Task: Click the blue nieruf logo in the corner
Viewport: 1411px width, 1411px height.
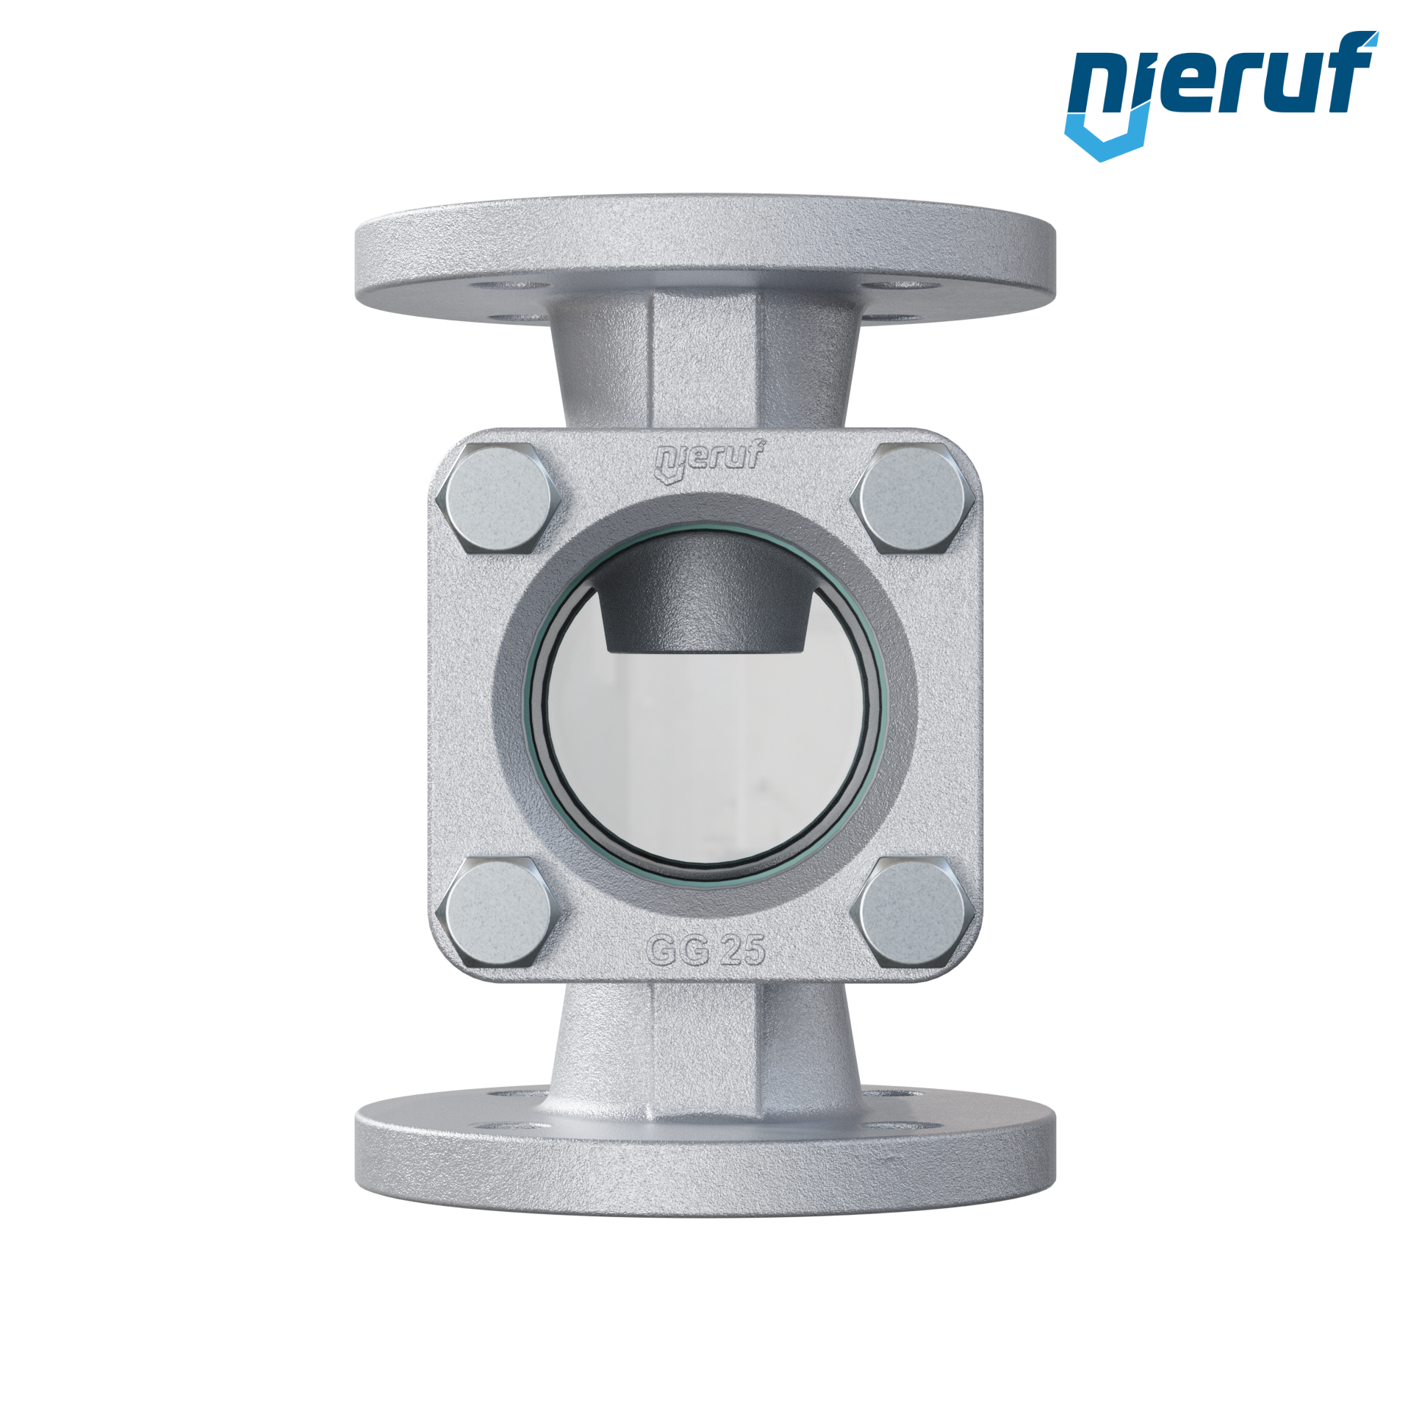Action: [x=1221, y=96]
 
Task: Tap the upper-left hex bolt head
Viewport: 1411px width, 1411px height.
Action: [x=498, y=498]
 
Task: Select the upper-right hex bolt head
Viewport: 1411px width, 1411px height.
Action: [x=913, y=498]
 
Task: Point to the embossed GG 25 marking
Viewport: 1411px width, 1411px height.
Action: [x=706, y=950]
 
